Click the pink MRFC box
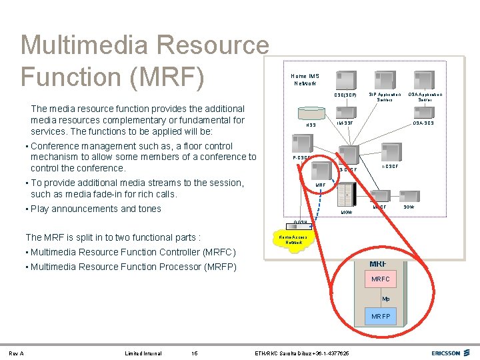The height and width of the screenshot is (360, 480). click(x=380, y=279)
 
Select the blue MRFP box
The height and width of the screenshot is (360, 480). click(x=380, y=315)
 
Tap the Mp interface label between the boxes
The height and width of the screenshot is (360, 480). click(x=386, y=298)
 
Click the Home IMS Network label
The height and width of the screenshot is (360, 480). click(x=305, y=79)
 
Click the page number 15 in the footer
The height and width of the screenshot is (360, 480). click(x=194, y=353)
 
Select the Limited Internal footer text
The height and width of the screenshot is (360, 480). click(x=143, y=353)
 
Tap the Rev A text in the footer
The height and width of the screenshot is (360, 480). click(x=16, y=353)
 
